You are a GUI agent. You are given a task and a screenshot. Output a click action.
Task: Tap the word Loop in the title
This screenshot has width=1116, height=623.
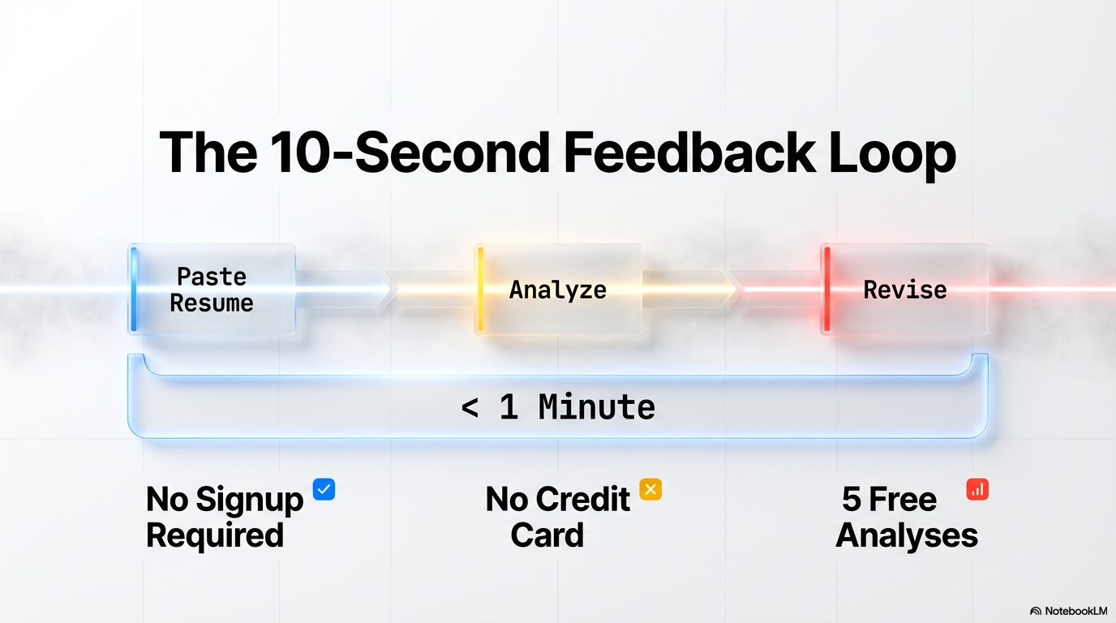tap(892, 156)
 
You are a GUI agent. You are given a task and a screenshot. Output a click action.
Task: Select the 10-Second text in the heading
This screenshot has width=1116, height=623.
tap(410, 152)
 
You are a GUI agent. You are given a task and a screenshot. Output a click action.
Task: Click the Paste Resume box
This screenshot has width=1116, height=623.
tap(212, 289)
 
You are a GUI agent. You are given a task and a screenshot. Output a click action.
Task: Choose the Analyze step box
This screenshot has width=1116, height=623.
tap(557, 289)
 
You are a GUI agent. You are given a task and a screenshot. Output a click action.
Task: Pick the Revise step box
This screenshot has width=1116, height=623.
tap(904, 289)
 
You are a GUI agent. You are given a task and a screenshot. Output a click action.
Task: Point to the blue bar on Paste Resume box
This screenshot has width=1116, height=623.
tap(134, 289)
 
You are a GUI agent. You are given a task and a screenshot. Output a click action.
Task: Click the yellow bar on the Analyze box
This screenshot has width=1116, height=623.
tap(480, 289)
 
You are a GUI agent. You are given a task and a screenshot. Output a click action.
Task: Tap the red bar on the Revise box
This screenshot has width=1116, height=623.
tap(827, 289)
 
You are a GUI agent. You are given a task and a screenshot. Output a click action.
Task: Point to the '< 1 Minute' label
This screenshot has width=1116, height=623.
tap(558, 407)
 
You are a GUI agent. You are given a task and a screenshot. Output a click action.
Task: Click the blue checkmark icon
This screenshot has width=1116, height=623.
tap(324, 489)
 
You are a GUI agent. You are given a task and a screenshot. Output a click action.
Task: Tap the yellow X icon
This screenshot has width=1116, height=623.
tap(650, 489)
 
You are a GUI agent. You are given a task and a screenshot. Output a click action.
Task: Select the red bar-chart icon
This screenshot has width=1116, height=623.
tap(977, 489)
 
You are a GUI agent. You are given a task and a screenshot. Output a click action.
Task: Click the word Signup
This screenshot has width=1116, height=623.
tap(250, 500)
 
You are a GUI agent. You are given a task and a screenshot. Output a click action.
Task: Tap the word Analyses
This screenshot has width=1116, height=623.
tap(907, 536)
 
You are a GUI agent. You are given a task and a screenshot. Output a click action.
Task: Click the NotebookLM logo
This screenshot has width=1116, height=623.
tap(1068, 611)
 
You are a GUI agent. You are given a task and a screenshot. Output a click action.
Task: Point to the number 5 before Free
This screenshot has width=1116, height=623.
tap(852, 499)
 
